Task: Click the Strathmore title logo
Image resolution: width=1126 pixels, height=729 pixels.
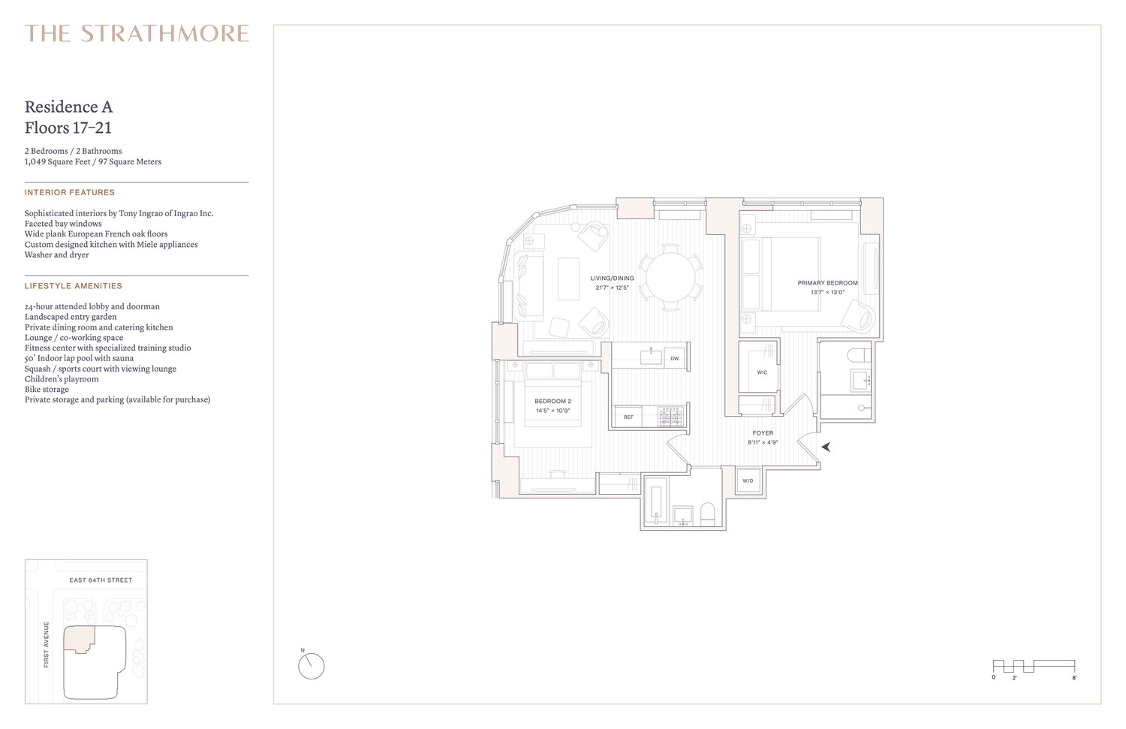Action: coord(137,34)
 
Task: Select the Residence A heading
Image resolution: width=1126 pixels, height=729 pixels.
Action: coord(68,107)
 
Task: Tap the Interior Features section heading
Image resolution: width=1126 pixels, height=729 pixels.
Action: coord(70,193)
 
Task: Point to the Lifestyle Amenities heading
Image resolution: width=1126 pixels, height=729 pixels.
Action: coord(73,286)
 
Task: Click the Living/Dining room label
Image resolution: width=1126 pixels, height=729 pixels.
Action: coord(613,279)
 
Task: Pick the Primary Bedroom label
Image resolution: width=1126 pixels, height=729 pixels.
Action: coord(827,283)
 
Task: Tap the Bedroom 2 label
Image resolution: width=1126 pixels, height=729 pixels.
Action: coord(552,402)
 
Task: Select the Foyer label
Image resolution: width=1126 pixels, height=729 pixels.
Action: coord(763,433)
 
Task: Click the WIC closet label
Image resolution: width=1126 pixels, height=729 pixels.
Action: coord(762,372)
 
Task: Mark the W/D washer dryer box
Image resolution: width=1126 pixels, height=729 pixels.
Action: coord(748,480)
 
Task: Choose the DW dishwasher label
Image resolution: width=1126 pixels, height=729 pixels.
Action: coord(674,359)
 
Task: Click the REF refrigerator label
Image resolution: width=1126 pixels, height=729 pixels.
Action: coord(628,417)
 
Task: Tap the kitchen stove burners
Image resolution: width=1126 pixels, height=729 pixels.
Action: coord(670,417)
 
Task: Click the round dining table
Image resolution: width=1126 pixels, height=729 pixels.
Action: coord(672,276)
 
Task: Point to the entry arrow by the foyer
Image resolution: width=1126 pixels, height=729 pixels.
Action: coord(826,447)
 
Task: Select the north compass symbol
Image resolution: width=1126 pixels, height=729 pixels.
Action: coord(311,666)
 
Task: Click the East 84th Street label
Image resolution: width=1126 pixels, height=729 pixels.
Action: coord(101,580)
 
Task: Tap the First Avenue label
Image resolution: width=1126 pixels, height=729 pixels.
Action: coord(47,644)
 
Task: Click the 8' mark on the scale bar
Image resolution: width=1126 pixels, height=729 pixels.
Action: coord(1074,678)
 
